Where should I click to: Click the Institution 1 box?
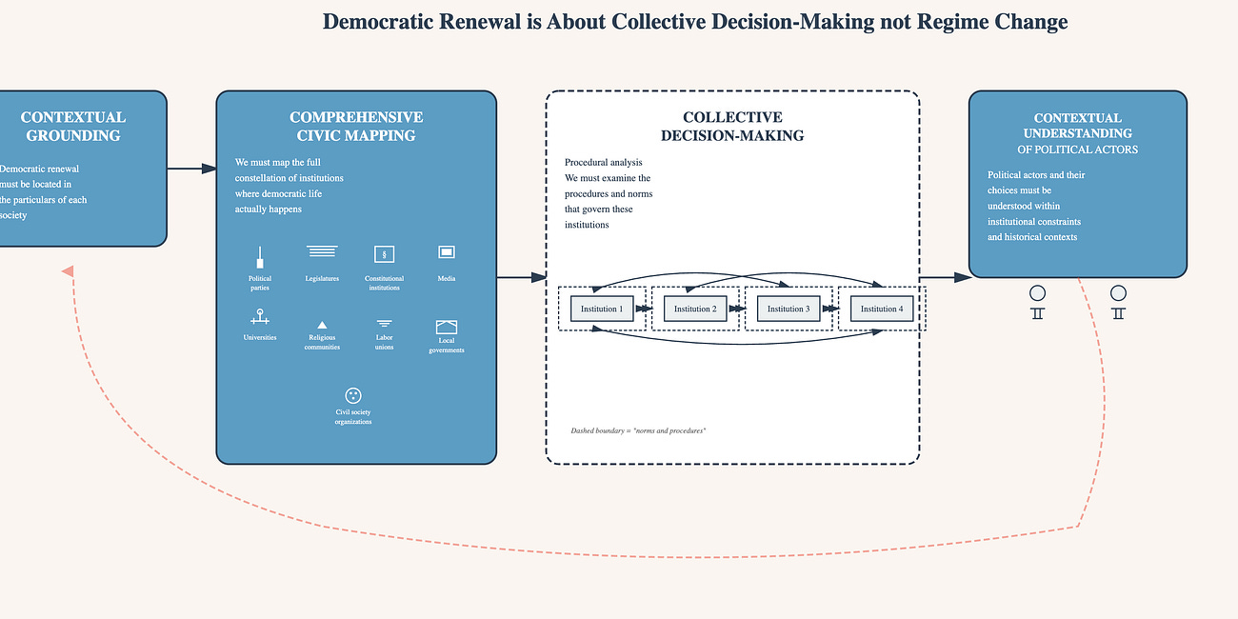(602, 309)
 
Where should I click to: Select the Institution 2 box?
(695, 309)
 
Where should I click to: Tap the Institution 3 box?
(789, 309)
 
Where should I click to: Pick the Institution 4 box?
(882, 309)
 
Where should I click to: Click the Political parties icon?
(260, 257)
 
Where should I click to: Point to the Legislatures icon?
(322, 251)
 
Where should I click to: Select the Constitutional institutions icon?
(385, 253)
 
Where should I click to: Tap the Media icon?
(447, 252)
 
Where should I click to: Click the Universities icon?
(259, 317)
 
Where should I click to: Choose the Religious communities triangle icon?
(322, 325)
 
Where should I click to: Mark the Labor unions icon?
(385, 324)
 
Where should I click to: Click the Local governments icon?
(447, 327)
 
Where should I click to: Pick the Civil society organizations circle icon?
(353, 395)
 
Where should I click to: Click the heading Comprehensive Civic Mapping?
(356, 126)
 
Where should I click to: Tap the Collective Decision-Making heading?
(732, 126)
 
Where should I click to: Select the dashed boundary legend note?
(638, 431)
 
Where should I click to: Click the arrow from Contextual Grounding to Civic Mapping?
(192, 169)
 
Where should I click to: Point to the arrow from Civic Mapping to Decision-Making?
(522, 278)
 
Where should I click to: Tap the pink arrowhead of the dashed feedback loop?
(68, 271)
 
